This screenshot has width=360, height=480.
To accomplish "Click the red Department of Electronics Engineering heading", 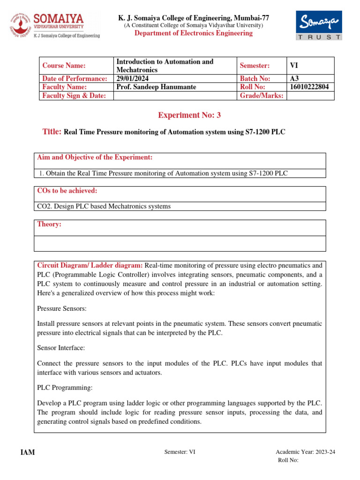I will pos(193,33).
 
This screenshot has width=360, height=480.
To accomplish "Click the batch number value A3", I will pos(295,79).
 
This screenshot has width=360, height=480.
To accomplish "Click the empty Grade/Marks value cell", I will pos(310,96).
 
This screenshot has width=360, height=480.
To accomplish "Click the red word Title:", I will pos(52,132).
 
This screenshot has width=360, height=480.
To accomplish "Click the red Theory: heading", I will pos(49,225).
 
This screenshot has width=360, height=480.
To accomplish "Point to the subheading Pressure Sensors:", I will pos(60,309).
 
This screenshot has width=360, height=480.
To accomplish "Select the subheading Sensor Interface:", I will pos(60,348).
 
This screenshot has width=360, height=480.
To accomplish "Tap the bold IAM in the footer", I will pos(28,452).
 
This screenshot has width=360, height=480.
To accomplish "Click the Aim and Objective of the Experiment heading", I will pos(95,157).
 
